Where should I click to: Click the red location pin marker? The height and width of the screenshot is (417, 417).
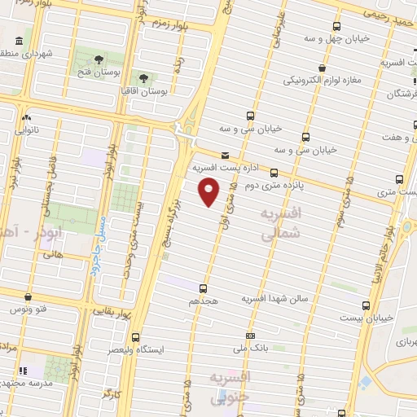tap(209, 192)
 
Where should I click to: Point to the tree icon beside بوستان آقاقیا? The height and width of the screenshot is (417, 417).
tap(143, 78)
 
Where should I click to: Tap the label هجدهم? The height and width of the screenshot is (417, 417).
tap(204, 301)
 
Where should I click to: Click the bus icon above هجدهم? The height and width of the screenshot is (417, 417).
tap(203, 288)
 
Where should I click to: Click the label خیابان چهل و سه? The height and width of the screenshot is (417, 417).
tap(337, 38)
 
